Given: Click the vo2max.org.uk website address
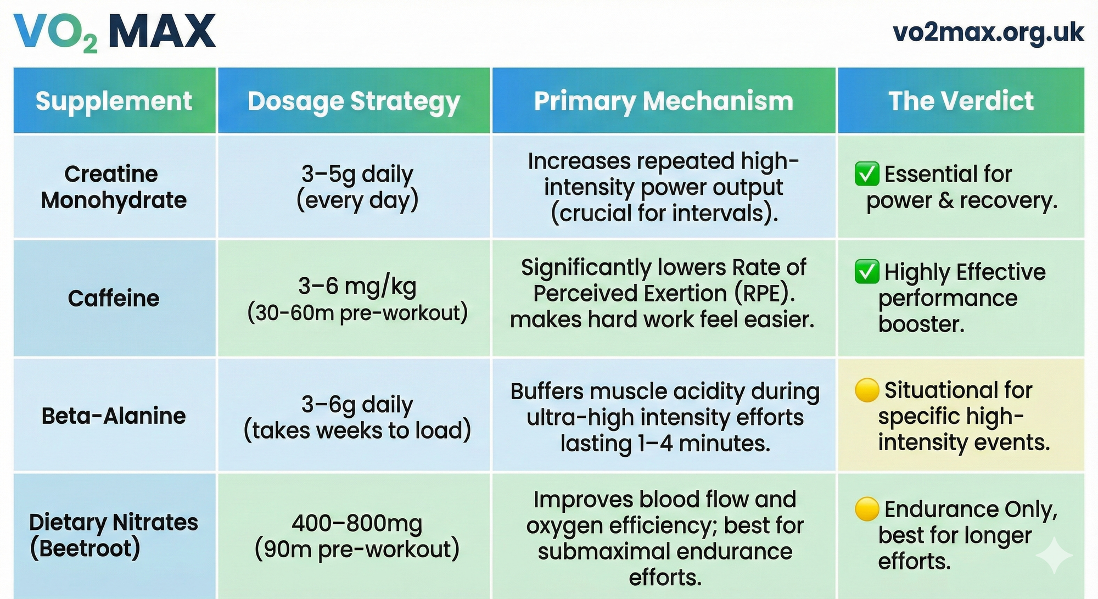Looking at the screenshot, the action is point(988,32).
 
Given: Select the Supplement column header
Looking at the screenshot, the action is point(114,101).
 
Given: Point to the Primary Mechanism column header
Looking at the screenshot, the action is point(664,102).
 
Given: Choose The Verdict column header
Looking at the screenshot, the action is point(961,101).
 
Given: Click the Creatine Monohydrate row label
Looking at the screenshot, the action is point(113,187).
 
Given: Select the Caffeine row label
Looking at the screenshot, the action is point(114,298).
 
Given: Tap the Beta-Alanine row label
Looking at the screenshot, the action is point(114,416).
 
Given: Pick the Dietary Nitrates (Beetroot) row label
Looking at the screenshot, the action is point(113,535).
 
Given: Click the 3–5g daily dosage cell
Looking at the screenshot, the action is point(357,187).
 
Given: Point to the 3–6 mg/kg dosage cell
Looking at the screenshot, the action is point(357,299).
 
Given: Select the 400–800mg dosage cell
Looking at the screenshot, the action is point(357,536).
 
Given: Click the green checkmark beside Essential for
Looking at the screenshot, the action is point(867,174).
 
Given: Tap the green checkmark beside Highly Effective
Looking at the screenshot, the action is point(867,272).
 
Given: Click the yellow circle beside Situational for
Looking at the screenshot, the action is point(867,390).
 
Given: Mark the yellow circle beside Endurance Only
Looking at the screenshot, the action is point(867,509).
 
